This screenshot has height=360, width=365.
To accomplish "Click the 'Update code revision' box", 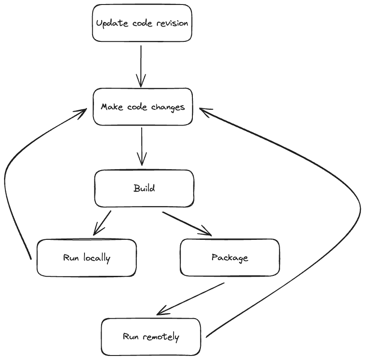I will pyautogui.click(x=142, y=23).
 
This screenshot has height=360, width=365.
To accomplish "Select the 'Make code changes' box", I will pyautogui.click(x=142, y=107).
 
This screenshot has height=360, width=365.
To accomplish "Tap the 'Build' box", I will pyautogui.click(x=144, y=188).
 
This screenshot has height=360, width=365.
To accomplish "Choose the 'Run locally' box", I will pyautogui.click(x=86, y=258).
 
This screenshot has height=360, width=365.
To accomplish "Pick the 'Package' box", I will pyautogui.click(x=230, y=257).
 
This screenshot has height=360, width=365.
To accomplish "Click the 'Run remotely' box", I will pyautogui.click(x=151, y=337).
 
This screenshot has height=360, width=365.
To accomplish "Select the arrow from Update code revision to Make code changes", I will pyautogui.click(x=141, y=65).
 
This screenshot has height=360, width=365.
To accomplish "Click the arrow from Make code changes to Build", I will pyautogui.click(x=142, y=146).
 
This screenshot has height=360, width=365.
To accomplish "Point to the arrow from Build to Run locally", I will pyautogui.click(x=102, y=222).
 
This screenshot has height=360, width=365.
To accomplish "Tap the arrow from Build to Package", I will pyautogui.click(x=186, y=223).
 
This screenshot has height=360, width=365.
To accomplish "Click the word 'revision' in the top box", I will pyautogui.click(x=172, y=23).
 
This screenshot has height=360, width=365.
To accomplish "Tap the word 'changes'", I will pyautogui.click(x=168, y=107).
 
